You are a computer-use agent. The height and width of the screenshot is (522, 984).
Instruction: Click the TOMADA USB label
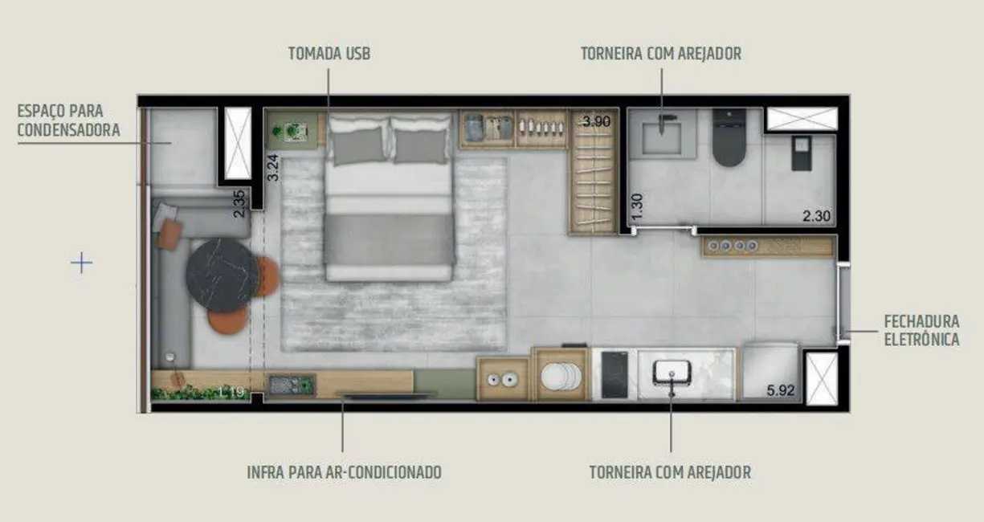click(329, 54)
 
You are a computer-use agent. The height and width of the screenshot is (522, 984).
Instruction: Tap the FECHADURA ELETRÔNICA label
click(921, 330)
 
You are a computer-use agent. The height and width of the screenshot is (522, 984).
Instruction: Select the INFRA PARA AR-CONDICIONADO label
click(344, 471)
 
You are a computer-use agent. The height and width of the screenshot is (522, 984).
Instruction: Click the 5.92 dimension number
click(781, 391)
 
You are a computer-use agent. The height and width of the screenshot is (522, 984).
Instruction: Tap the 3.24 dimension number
click(272, 166)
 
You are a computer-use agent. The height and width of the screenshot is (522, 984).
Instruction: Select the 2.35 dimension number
click(239, 204)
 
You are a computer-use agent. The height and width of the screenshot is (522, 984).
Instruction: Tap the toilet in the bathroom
click(729, 138)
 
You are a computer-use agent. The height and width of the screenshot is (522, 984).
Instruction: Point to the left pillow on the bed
click(357, 145)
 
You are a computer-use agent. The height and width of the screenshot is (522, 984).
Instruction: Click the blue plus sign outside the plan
click(81, 263)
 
